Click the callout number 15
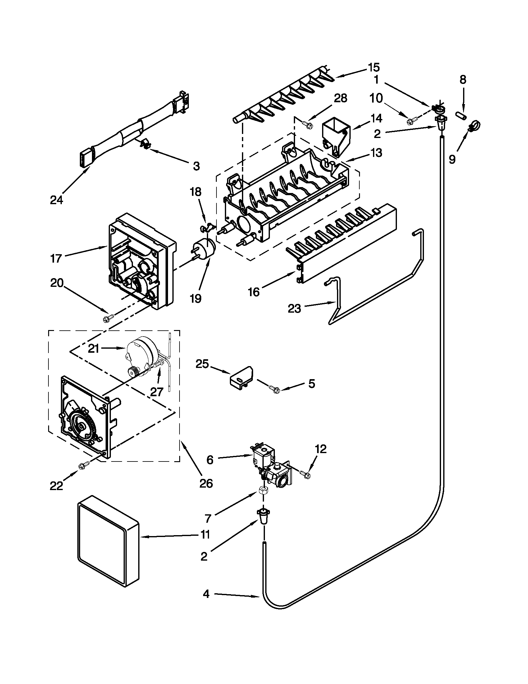pyautogui.click(x=374, y=68)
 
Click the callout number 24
pyautogui.click(x=57, y=200)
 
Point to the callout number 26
pyautogui.click(x=206, y=483)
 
